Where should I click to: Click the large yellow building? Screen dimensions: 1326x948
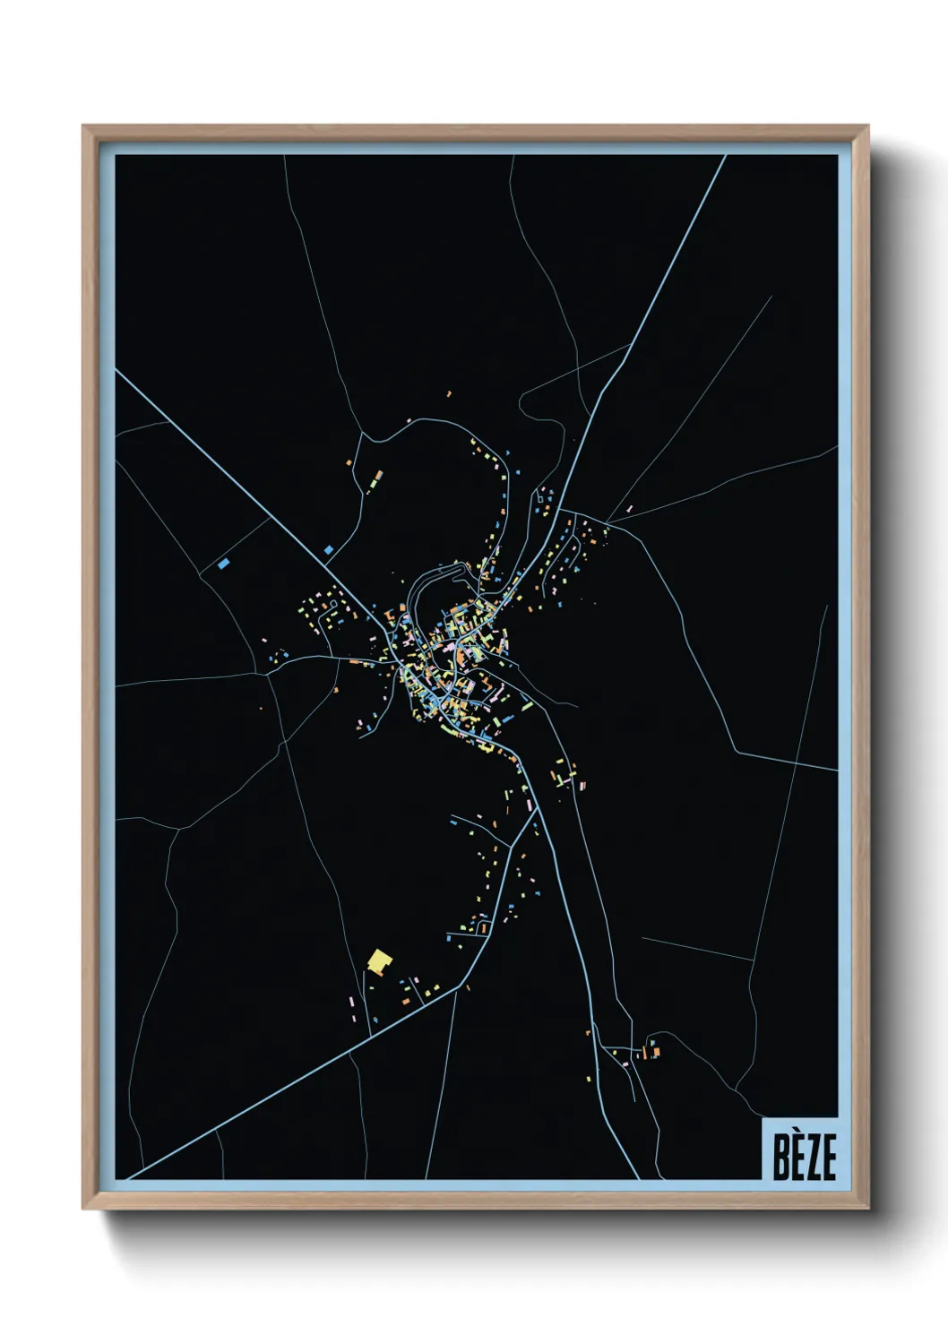click(x=380, y=962)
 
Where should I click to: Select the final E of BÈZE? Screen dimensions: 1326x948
click(x=828, y=1159)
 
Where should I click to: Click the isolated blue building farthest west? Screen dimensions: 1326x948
click(x=223, y=564)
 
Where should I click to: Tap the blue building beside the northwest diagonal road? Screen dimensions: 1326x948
click(x=329, y=548)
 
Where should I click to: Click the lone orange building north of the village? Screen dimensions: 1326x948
click(x=448, y=392)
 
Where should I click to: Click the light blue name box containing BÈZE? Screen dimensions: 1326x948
click(x=799, y=1149)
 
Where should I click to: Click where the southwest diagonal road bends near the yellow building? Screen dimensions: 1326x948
click(x=466, y=985)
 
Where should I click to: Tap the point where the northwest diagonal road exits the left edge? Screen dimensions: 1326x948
click(x=117, y=371)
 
